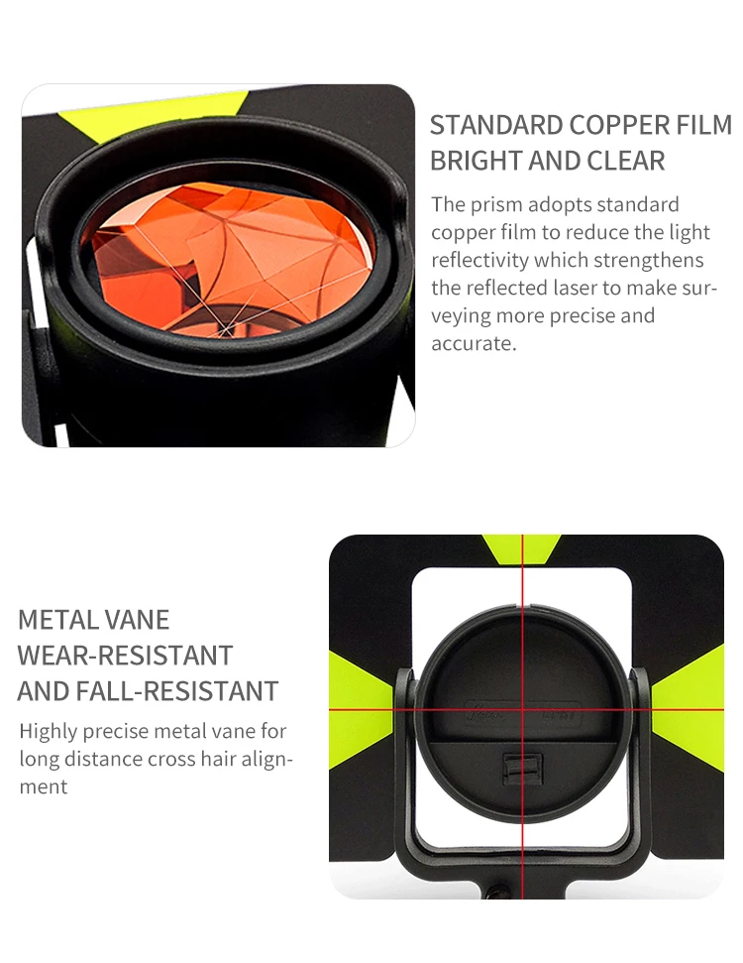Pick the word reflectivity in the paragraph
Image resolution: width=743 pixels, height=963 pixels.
[479, 261]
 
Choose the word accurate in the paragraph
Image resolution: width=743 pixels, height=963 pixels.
[474, 344]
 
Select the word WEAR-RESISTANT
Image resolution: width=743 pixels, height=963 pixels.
[125, 656]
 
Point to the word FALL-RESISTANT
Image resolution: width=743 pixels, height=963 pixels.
[182, 690]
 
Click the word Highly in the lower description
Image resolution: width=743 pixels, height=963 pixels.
[50, 732]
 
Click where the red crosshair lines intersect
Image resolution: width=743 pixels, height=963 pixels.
[521, 711]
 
